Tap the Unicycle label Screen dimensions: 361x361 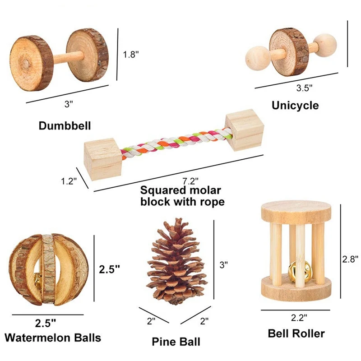295,105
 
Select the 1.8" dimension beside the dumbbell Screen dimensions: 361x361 131,54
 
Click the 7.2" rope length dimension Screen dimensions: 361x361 191,181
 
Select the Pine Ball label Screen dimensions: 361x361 176,342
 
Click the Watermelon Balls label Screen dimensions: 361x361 53,337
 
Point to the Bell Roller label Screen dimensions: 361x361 296,334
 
